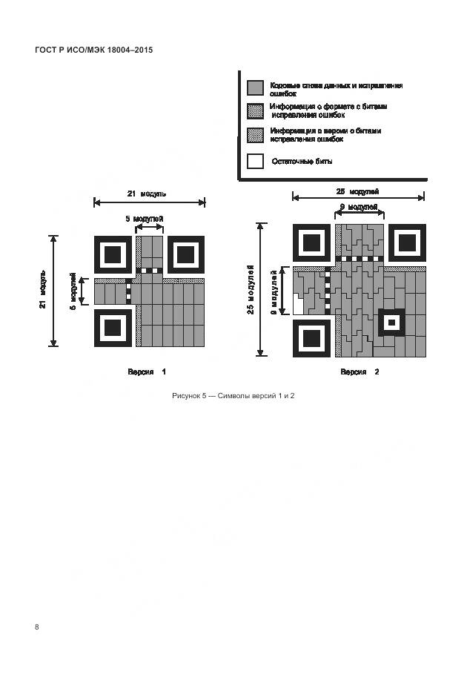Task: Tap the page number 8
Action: (x=37, y=627)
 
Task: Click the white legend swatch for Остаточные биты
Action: (x=255, y=161)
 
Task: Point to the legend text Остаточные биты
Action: (x=302, y=161)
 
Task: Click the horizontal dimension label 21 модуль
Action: (x=148, y=194)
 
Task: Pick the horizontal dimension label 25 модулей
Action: (x=359, y=191)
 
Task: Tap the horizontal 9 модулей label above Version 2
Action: (x=359, y=207)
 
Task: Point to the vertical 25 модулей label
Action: (x=251, y=289)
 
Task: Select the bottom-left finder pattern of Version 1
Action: (x=113, y=327)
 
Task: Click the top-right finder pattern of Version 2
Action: (x=407, y=242)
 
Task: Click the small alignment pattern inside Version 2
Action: (x=391, y=323)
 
